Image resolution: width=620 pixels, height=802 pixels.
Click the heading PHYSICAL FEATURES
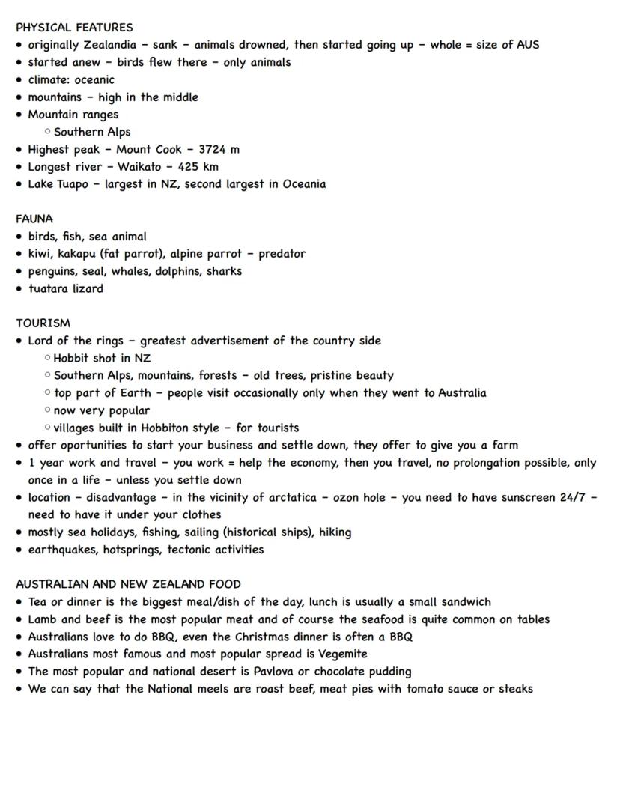click(x=74, y=28)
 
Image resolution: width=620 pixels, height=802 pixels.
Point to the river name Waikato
click(x=139, y=167)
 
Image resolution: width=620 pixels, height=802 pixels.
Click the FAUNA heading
click(x=34, y=219)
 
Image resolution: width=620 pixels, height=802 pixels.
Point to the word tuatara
click(x=49, y=288)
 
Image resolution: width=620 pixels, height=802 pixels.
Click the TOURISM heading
click(x=43, y=323)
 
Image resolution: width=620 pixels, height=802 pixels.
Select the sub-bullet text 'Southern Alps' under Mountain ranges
click(x=92, y=132)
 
